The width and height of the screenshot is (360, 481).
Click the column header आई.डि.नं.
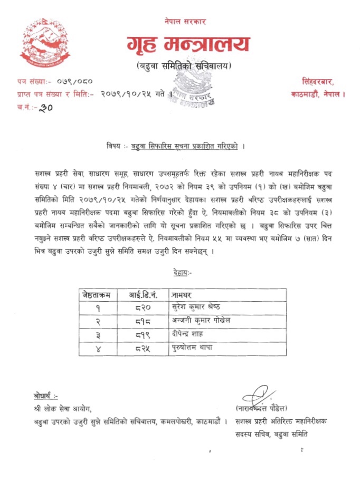(144, 294)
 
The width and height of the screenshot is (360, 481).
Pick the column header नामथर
(183, 294)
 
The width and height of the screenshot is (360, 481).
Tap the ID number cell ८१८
(144, 321)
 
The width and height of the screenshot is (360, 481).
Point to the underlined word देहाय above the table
(183, 272)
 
